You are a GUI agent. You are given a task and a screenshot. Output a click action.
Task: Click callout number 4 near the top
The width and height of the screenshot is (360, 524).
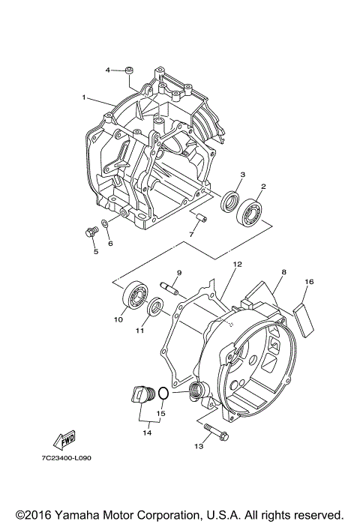pos(108,70)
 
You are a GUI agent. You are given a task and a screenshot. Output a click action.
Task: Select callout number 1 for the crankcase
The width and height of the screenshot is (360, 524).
pos(85,97)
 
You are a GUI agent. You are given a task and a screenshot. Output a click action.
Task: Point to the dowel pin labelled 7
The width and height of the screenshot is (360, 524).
pos(202,219)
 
